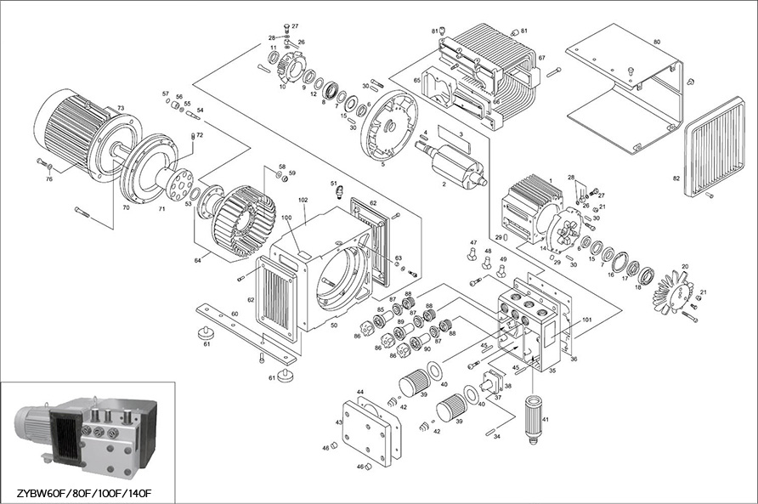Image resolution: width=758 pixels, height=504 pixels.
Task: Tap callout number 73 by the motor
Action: point(121,108)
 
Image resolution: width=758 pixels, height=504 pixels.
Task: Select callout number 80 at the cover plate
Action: point(656,41)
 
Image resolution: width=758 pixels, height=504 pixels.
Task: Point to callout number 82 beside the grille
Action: point(676,179)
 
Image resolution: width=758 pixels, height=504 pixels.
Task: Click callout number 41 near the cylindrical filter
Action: point(546,420)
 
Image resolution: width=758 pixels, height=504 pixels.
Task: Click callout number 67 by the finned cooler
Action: point(541,58)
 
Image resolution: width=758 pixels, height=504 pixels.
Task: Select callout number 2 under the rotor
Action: point(444,184)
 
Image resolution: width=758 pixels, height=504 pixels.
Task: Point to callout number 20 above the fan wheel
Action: point(685,267)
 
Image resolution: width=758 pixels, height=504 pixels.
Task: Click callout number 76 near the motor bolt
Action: point(48,178)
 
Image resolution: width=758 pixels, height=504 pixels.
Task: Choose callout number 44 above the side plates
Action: point(360,392)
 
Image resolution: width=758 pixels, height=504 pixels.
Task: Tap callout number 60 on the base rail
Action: point(235,314)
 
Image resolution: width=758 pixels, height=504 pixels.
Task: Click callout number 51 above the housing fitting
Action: point(334,184)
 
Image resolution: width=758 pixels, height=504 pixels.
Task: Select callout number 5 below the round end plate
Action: point(383,165)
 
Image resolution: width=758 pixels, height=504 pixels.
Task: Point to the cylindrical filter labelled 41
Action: point(535,416)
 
